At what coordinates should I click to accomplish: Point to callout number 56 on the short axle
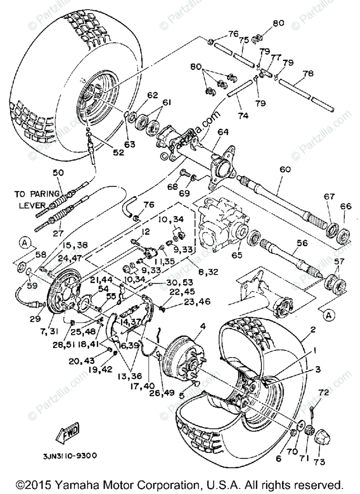pyautogui.click(x=302, y=243)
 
